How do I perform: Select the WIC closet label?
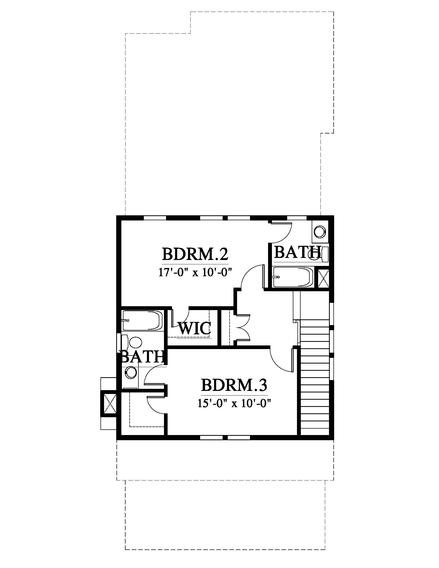194,328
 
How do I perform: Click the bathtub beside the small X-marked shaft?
293,277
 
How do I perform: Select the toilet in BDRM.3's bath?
132,342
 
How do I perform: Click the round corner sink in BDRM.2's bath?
320,231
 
